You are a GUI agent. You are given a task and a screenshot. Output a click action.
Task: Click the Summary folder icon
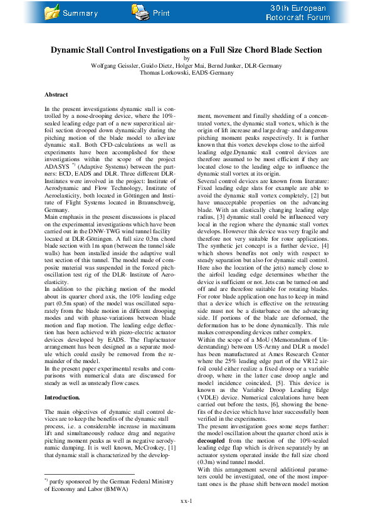53,11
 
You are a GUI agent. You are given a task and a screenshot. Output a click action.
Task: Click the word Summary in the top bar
80,13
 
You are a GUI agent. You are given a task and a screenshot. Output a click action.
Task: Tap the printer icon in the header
140,11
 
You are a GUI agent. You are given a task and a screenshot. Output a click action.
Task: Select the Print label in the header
161,13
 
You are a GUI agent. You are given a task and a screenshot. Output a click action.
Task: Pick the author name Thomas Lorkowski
160,73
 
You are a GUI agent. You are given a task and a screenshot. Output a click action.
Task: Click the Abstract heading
56,95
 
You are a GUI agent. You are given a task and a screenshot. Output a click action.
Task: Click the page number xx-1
187,518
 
